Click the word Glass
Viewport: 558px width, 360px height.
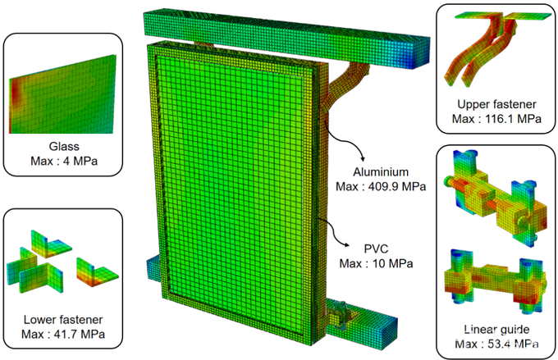point(64,146)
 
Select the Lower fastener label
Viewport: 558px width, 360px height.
point(63,320)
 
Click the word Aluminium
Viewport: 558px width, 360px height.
point(381,172)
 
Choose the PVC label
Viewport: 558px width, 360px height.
point(376,248)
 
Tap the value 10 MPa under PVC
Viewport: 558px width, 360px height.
point(393,263)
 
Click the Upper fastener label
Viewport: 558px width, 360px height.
point(496,104)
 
